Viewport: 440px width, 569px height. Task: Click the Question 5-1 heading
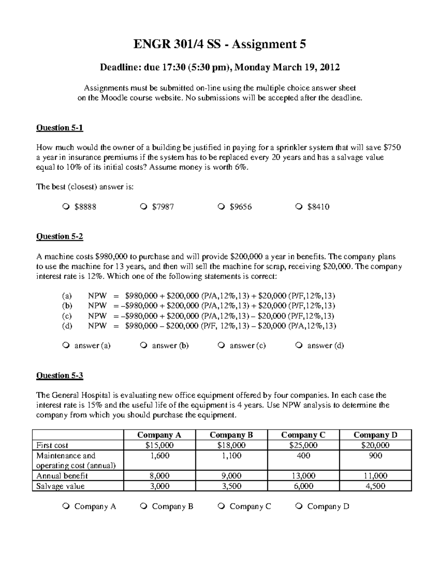pos(59,128)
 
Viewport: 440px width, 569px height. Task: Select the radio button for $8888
pos(65,207)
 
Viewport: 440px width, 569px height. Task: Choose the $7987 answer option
pos(143,207)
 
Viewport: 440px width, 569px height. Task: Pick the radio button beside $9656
pos(221,207)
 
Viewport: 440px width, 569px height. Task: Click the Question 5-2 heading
pos(59,237)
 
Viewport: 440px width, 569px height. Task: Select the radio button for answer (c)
pos(221,346)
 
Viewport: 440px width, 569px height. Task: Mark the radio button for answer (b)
pos(143,346)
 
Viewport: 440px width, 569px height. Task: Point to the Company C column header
pos(303,435)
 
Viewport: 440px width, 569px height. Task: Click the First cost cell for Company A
pos(159,445)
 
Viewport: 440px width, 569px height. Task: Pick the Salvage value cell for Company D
pos(375,486)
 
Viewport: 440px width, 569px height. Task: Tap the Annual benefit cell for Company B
pos(231,476)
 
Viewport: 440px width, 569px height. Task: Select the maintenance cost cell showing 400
pos(303,456)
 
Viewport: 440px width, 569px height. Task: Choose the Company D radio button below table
pos(298,506)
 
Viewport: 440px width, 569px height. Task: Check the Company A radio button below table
pos(65,506)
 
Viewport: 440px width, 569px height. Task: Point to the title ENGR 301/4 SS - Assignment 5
pos(219,44)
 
